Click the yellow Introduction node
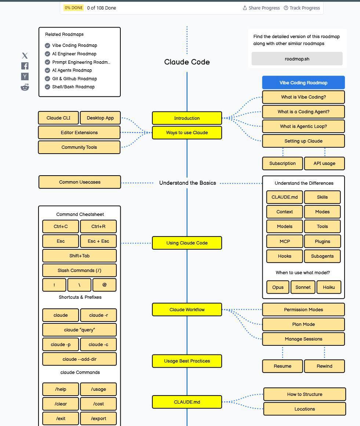(187, 118)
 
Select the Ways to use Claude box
(187, 133)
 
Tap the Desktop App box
(100, 118)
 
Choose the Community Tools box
(79, 147)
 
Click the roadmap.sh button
(297, 59)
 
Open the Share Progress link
(261, 8)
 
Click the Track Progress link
(302, 8)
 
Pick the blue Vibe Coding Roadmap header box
(303, 83)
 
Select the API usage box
(324, 164)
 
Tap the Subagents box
(322, 256)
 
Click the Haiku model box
(329, 287)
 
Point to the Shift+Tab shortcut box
(79, 256)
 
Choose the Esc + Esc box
(98, 241)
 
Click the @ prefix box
(105, 285)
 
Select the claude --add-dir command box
(79, 359)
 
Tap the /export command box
(98, 419)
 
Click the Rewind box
(324, 366)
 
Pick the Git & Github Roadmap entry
(74, 79)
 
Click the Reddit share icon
(25, 87)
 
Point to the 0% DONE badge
(73, 8)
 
